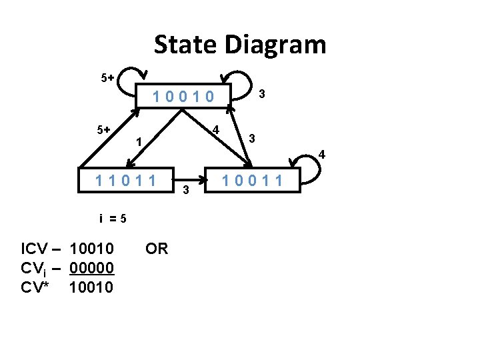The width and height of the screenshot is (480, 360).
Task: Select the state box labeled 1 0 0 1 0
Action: tap(183, 97)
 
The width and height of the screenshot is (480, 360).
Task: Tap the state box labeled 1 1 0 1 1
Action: tap(126, 180)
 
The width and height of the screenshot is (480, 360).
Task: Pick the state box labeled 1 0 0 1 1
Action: tap(253, 180)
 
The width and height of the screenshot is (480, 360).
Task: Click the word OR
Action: tap(157, 249)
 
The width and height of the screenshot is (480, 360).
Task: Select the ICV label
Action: tap(34, 249)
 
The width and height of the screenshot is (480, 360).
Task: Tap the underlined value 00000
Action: tap(91, 268)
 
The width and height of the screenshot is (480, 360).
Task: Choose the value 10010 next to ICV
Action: tap(91, 249)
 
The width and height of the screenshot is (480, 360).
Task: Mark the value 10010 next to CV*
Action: tap(91, 287)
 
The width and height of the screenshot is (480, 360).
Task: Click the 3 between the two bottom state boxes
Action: tap(186, 191)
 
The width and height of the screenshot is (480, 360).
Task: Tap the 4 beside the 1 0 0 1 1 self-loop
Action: tap(321, 155)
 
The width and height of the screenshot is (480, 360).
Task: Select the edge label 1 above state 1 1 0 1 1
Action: tap(138, 142)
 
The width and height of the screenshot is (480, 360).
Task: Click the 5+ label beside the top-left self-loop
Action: tap(107, 78)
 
